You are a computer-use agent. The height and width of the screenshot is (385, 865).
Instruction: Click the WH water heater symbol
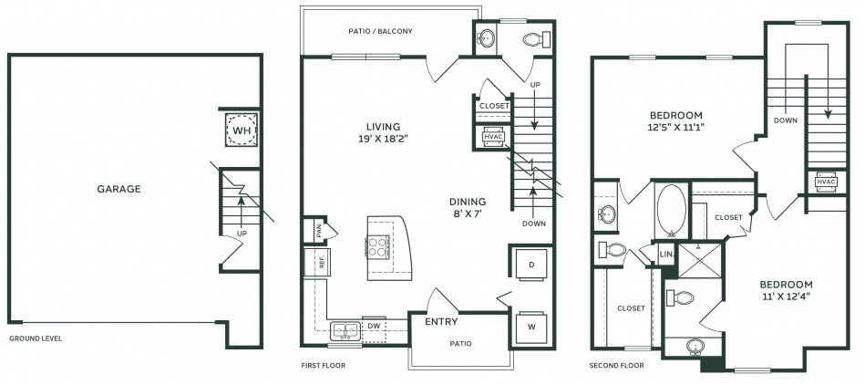242,130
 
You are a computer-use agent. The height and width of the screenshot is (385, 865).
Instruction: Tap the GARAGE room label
118,189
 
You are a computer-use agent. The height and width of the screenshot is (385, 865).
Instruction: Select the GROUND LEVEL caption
36,338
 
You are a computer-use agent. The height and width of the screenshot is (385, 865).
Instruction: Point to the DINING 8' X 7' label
468,207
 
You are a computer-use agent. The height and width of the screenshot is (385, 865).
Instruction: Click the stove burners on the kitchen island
377,246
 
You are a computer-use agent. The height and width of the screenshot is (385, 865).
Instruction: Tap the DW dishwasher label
374,326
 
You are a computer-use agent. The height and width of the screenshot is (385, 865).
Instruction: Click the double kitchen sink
345,331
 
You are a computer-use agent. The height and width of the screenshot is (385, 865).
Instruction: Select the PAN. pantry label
319,231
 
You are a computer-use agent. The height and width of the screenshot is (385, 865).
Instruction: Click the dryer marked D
531,265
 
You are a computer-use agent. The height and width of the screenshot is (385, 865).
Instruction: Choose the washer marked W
531,328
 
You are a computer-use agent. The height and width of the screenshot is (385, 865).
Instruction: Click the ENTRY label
441,322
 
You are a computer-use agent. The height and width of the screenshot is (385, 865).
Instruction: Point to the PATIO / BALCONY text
381,32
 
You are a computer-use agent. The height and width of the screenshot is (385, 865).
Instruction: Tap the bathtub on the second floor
672,211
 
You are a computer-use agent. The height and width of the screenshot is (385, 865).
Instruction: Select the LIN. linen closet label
666,254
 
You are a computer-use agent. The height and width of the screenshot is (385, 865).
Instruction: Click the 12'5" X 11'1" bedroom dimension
675,127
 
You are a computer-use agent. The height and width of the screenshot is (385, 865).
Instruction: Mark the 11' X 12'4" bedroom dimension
786,297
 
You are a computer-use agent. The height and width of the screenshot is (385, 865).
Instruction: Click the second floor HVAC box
826,182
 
